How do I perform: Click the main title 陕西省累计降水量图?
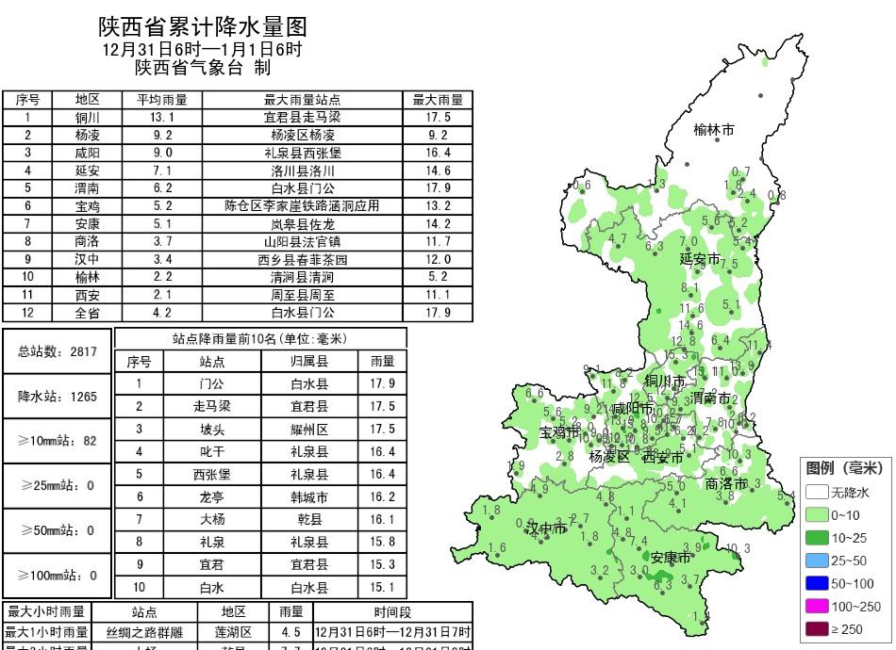point(203,25)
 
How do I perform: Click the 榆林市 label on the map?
point(713,130)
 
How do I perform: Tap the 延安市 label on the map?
point(700,258)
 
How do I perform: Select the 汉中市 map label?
point(547,529)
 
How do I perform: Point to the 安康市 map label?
point(671,558)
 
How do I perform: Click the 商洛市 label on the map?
point(726,483)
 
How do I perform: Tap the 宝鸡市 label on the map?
point(559,432)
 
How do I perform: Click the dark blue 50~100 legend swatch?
point(817,584)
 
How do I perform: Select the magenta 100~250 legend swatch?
point(817,607)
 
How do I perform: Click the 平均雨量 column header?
point(162,100)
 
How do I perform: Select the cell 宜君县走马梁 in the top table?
point(302,118)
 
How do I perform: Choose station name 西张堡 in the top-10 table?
point(212,474)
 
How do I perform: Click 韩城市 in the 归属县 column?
point(309,496)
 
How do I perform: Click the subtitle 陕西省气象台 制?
point(203,68)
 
